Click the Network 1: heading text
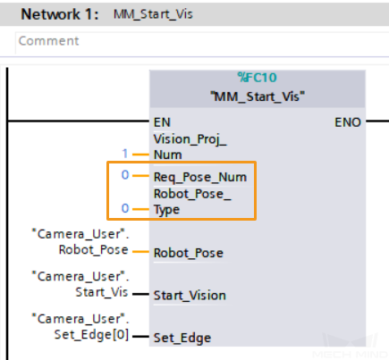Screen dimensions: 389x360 [x=60, y=14]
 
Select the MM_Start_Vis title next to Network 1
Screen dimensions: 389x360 [x=153, y=14]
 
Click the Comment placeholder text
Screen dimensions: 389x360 [x=49, y=41]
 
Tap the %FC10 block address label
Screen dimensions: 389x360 [x=258, y=78]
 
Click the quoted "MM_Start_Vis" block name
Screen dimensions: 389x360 [x=258, y=96]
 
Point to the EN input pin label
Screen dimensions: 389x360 [x=162, y=122]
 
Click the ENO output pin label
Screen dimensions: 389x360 [x=348, y=122]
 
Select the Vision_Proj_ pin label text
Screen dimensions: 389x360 [x=190, y=139]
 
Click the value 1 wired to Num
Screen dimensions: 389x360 [x=125, y=154]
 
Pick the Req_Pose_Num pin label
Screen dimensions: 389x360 [x=200, y=177]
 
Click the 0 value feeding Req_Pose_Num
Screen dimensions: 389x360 [x=125, y=175]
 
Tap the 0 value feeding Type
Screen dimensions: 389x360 [x=125, y=208]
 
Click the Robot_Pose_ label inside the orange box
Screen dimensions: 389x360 [x=192, y=194]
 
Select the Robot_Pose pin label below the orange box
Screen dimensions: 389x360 [x=189, y=253]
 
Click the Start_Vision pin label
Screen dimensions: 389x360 [x=190, y=296]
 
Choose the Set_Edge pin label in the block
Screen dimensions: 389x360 [x=182, y=339]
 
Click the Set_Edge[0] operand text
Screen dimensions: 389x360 [x=91, y=335]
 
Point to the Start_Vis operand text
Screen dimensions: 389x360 [x=102, y=292]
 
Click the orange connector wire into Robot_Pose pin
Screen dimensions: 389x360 [x=140, y=252]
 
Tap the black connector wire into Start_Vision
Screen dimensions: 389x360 [x=140, y=294]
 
